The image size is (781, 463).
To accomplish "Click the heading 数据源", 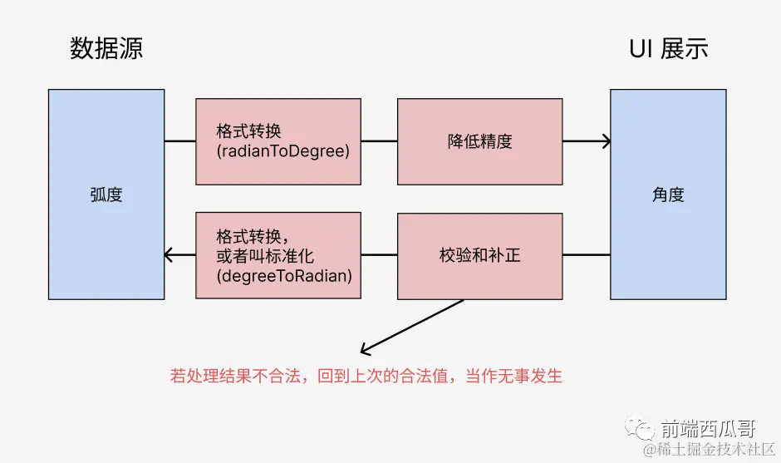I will (106, 49).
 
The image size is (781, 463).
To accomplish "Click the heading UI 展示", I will (668, 49).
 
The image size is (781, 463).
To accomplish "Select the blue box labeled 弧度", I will (106, 195).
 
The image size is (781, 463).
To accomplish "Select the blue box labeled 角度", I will (668, 195).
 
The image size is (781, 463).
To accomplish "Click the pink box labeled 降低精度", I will (479, 141).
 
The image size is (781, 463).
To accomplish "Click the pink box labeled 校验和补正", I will (479, 256).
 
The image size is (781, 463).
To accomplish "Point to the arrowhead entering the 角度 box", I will (607, 141).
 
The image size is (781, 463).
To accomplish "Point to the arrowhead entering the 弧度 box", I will (169, 255).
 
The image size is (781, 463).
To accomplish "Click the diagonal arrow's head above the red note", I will (364, 350).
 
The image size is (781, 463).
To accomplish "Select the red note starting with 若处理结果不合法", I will (366, 376).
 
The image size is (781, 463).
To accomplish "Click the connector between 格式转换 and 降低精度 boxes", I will (379, 141).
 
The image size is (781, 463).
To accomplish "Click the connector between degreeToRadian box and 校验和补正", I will (379, 255).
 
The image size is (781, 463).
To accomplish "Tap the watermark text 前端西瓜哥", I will (708, 429).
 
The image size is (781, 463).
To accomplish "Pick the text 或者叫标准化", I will (264, 255).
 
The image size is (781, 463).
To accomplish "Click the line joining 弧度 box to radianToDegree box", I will (179, 141).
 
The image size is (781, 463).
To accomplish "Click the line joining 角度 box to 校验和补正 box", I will (586, 255).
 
